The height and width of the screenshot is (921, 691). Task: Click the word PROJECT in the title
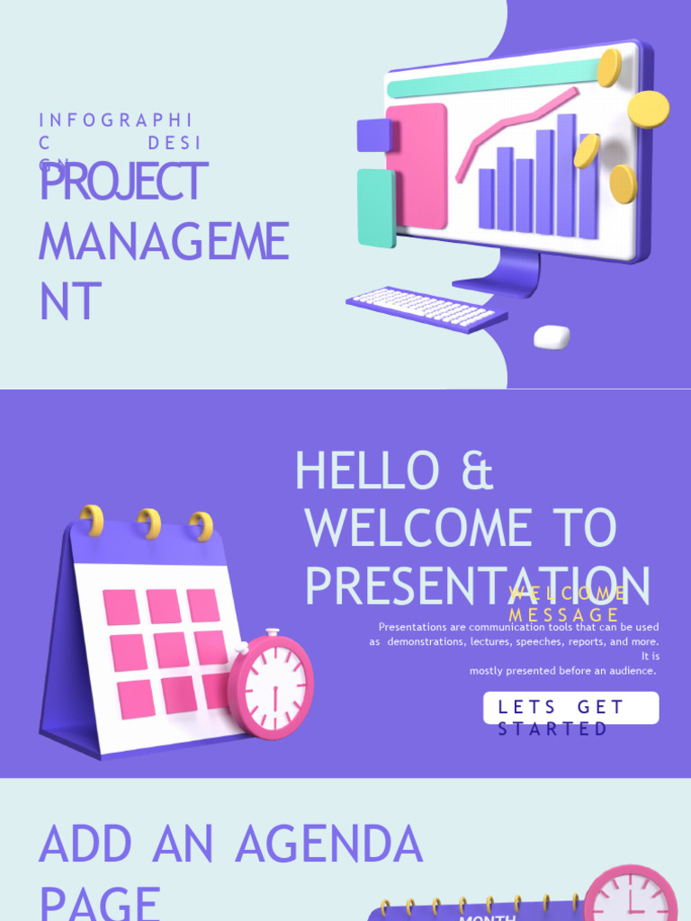[123, 183]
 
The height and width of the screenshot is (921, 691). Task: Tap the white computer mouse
[552, 337]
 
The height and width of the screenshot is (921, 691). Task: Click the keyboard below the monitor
[426, 308]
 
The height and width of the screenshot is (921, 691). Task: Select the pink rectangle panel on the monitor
[417, 165]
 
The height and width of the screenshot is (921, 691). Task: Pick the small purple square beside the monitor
[373, 135]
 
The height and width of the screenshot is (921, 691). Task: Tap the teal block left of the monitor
[376, 207]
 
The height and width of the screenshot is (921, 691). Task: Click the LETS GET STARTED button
[570, 708]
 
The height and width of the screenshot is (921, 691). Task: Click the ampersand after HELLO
[477, 471]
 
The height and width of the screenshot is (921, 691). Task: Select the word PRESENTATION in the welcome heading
[477, 586]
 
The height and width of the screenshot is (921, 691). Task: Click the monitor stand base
[497, 285]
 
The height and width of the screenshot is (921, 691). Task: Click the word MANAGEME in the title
[163, 243]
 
